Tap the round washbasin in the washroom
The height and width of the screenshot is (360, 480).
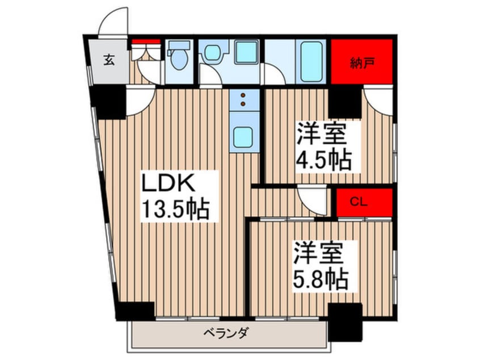212,53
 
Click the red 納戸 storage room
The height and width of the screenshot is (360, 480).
362,60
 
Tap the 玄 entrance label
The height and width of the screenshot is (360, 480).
109,60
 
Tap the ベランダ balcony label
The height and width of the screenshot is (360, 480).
224,333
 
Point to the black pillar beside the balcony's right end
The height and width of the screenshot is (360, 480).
346,320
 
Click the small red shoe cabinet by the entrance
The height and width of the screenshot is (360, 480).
146,41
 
